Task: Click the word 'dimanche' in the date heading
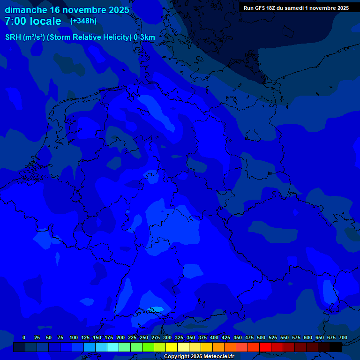[26, 10]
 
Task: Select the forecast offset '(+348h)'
[83, 21]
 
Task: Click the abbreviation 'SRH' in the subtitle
[13, 37]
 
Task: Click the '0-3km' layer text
[144, 37]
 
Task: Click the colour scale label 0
[24, 337]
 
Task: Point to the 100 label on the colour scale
[74, 337]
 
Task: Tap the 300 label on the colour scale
[167, 337]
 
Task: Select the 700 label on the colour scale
[343, 337]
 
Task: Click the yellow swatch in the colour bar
[172, 347]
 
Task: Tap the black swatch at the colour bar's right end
[336, 347]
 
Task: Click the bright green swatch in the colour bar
[148, 347]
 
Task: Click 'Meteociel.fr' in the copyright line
[218, 356]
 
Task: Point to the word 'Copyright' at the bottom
[176, 356]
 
